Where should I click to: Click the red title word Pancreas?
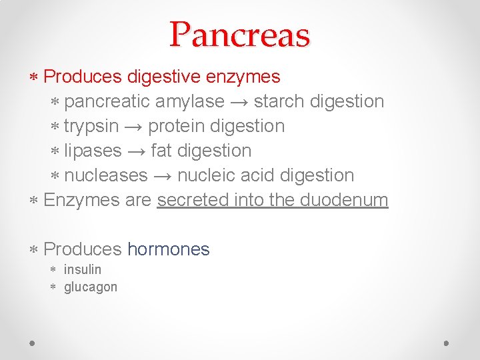coord(239,35)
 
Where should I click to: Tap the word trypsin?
coord(91,126)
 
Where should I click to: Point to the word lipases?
coord(93,151)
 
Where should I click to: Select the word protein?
coord(175,126)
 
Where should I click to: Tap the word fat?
coord(161,151)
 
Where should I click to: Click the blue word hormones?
coord(168,249)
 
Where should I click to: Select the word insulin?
coord(83,269)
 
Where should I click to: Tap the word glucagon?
coord(90,287)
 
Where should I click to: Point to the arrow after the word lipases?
coord(136,151)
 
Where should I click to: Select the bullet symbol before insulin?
coord(54,269)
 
